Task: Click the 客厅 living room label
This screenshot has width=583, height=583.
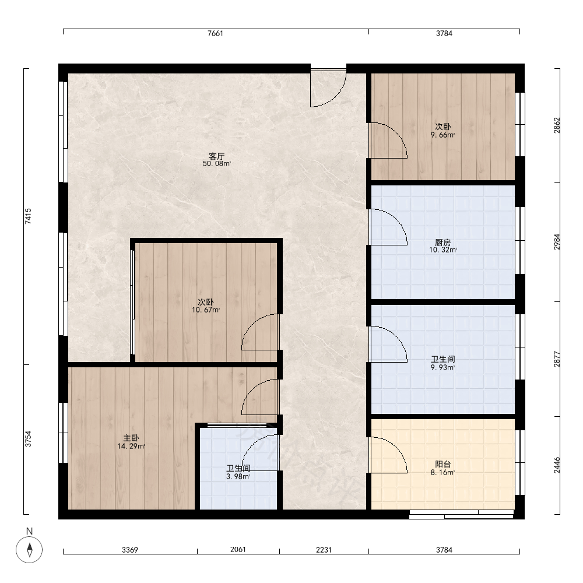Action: [x=216, y=156]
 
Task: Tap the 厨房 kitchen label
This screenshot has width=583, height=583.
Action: [x=443, y=243]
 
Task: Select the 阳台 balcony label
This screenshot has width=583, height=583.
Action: [x=443, y=465]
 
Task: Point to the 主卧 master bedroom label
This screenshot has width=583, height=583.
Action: [x=131, y=438]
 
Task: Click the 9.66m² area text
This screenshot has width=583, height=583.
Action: [x=443, y=135]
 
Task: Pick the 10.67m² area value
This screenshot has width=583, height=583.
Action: [x=206, y=310]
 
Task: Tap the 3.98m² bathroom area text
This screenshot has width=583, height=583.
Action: [x=238, y=477]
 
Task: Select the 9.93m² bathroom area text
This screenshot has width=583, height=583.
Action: [x=443, y=368]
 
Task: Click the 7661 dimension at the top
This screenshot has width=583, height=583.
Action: [x=215, y=33]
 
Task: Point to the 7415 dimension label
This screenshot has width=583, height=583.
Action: [x=28, y=216]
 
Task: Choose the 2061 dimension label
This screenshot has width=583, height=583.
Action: [x=238, y=550]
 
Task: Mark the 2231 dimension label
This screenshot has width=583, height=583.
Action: [x=324, y=550]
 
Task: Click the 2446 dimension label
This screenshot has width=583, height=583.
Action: [x=557, y=465]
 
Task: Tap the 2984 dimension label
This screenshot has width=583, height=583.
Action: [x=557, y=242]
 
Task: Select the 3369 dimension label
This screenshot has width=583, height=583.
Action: [x=130, y=550]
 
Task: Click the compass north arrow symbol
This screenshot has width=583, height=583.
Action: [x=29, y=550]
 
